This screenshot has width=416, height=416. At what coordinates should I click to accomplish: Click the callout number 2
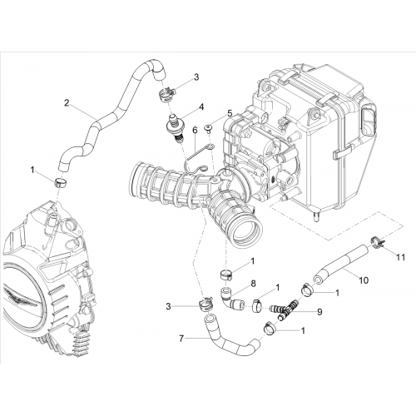[67, 102]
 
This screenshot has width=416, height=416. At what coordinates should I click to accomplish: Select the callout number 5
[230, 113]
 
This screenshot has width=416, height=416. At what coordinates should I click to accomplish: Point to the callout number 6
[195, 131]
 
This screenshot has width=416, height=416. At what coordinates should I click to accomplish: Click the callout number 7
[181, 339]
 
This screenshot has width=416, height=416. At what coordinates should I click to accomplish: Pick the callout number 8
[253, 284]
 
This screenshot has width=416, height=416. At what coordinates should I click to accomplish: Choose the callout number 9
[319, 312]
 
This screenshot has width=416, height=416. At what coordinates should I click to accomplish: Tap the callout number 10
[364, 280]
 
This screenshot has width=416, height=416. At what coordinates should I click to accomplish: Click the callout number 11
[400, 257]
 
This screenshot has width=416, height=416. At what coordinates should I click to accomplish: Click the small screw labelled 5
[208, 128]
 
